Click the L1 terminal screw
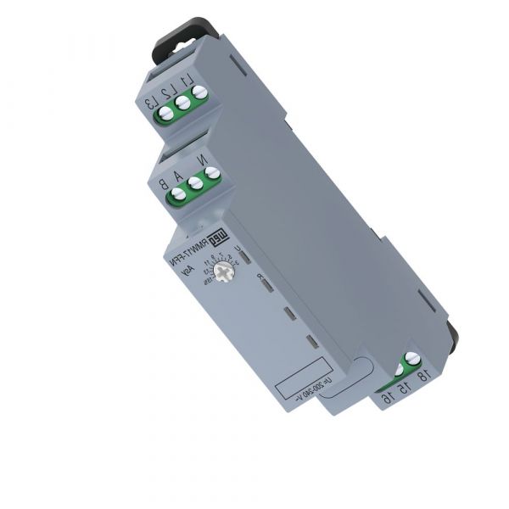[x=199, y=96]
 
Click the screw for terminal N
[x=212, y=174]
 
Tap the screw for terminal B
[x=178, y=194]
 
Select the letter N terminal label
[x=201, y=157]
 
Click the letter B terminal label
[x=162, y=183]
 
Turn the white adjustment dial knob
[x=224, y=271]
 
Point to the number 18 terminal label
[x=422, y=375]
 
